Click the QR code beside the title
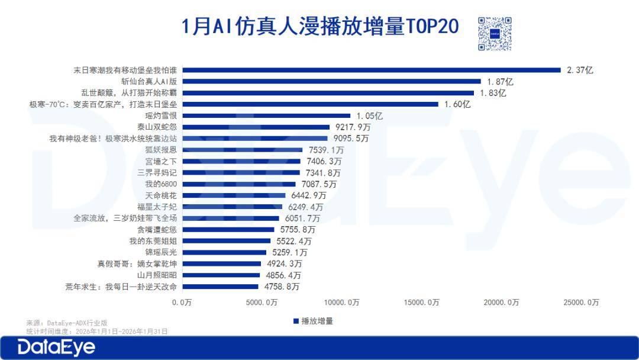pos(494,33)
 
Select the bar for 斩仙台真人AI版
pos(331,81)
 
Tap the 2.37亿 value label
pos(580,70)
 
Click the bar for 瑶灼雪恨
pos(266,115)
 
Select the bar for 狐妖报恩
pos(242,150)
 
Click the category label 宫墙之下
pos(161,161)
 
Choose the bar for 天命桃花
pos(234,195)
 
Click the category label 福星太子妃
pos(157,207)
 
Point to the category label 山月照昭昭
pos(157,275)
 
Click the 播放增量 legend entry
pos(313,321)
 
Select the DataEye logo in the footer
pos(56,347)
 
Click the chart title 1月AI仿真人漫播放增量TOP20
pos(319,27)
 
